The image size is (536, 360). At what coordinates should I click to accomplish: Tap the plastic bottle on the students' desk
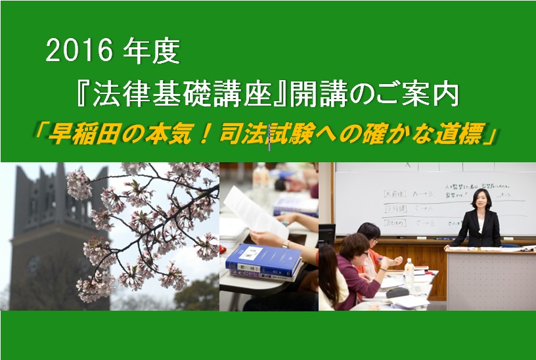[410, 270]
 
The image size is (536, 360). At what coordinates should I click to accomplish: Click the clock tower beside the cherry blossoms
[39, 230]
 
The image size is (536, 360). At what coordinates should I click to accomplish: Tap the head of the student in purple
[355, 246]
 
